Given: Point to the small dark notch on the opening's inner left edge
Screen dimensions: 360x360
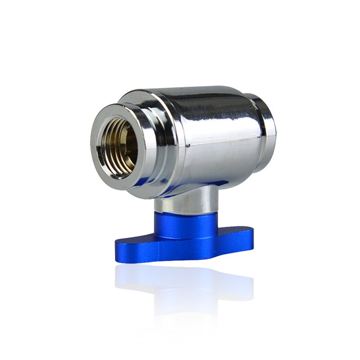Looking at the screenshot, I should (98, 145).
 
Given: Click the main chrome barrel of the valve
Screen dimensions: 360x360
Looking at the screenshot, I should (211, 135).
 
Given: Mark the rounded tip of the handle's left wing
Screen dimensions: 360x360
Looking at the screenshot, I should (119, 246).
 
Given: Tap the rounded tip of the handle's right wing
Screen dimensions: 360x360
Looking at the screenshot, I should (250, 234).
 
